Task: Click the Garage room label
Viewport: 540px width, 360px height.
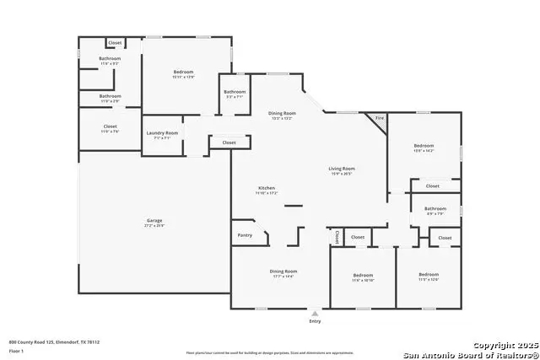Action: coord(154,221)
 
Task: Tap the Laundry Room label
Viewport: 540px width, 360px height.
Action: coord(161,132)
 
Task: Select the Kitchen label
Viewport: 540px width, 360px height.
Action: coord(267,188)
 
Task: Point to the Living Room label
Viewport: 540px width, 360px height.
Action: coord(342,169)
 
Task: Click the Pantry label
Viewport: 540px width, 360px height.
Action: coord(245,235)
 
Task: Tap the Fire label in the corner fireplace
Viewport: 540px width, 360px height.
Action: coord(380,118)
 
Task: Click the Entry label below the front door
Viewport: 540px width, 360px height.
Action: coord(315,320)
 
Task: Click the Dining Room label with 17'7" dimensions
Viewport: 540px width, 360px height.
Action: coord(283,271)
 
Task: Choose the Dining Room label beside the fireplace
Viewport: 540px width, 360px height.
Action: coord(282,113)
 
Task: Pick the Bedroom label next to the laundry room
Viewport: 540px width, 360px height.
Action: coord(184,73)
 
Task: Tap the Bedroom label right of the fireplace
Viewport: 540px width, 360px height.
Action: coord(424,147)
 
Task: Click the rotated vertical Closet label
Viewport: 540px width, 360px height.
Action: coord(337,237)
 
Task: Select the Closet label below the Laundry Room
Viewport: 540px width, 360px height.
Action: coord(229,142)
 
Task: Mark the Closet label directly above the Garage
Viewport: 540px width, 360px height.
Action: coord(110,126)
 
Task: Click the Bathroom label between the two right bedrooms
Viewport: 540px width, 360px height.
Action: coord(435,208)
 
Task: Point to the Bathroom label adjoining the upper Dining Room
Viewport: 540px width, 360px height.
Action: coord(235,92)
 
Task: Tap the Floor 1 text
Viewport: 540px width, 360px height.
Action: coord(16,349)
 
